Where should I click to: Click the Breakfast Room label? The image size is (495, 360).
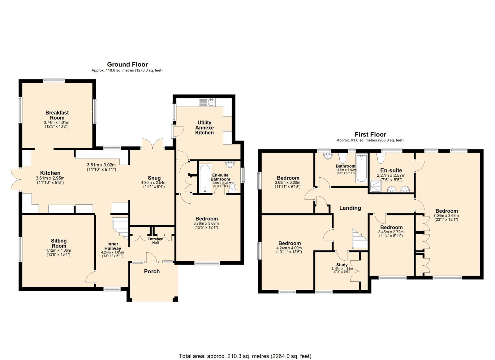point(57,115)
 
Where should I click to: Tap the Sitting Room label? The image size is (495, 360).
point(59,243)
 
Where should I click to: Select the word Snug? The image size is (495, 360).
point(154,178)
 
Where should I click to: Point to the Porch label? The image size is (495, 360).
point(152,271)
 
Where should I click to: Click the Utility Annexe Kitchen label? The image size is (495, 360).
point(204,128)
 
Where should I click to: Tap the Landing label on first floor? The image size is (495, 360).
point(350,208)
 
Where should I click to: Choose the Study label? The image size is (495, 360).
point(342,265)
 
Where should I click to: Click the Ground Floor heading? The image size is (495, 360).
point(127,64)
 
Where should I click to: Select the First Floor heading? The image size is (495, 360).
point(370,134)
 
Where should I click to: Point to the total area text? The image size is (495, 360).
point(245,350)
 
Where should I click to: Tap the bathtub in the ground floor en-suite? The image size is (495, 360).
point(205,178)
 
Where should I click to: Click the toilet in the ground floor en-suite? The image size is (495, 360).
point(232,188)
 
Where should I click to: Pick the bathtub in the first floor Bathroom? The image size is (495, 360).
point(361,168)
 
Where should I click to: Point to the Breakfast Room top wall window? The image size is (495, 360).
point(54,81)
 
